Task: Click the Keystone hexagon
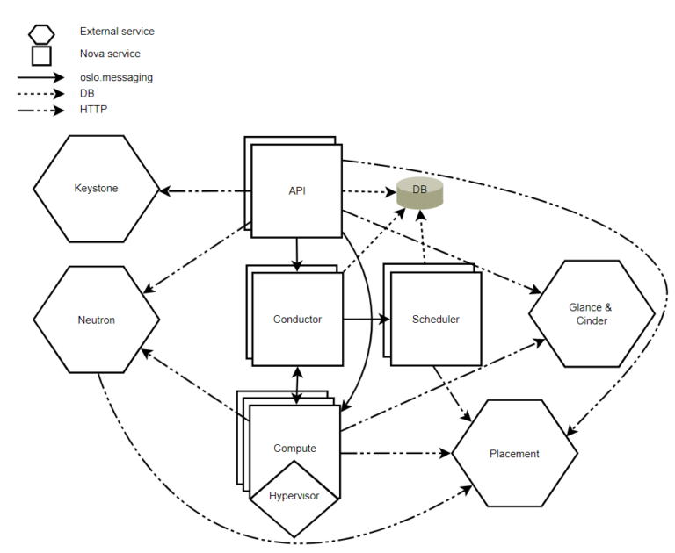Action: coord(97,189)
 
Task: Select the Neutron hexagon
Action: coord(97,320)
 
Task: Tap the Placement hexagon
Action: coord(514,454)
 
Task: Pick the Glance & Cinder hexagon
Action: coord(592,313)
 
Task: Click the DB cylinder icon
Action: coord(419,192)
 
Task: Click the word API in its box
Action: coord(296,190)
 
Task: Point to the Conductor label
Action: coord(297,320)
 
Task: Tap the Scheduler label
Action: coord(436,320)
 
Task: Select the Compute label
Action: coord(295,449)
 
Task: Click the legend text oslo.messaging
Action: coord(116,77)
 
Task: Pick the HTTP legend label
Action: coord(93,110)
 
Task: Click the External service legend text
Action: coord(117,32)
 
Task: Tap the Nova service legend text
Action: coord(110,54)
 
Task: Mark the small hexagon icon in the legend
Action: coord(40,33)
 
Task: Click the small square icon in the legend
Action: coord(40,55)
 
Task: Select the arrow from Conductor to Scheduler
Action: coord(366,320)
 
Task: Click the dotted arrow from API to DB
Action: coord(367,190)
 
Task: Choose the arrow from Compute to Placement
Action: coord(396,454)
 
